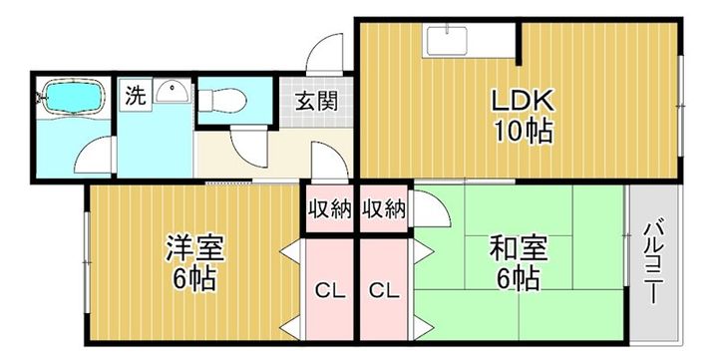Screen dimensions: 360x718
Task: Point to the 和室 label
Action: coord(515,247)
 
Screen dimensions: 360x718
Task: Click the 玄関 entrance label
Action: coord(315,100)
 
